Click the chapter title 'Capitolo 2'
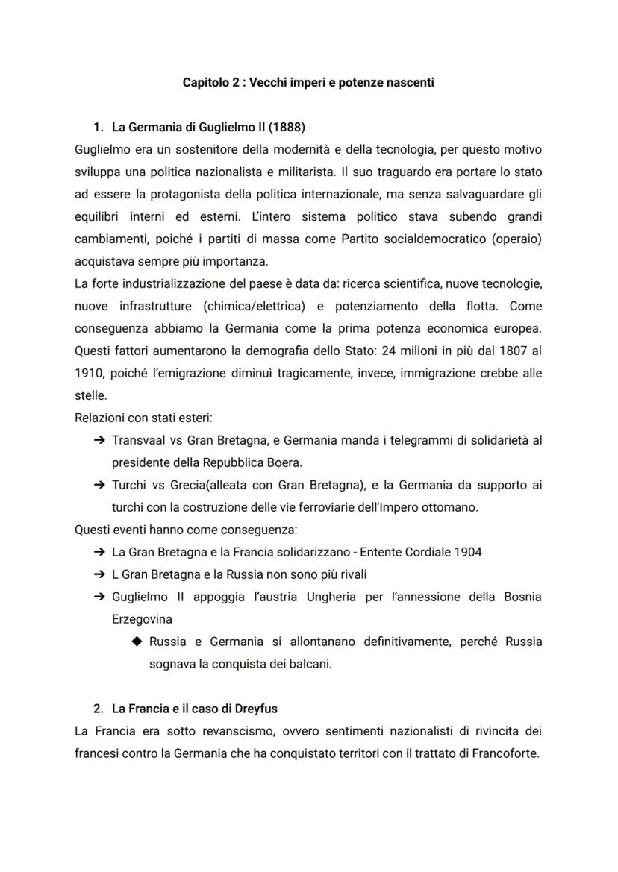tap(212, 82)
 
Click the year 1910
tap(89, 373)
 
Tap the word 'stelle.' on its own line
tap(91, 395)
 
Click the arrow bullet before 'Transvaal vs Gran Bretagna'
tap(99, 440)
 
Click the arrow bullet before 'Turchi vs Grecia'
tap(99, 485)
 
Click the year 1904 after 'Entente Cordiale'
tap(467, 552)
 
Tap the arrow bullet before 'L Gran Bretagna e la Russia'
tap(99, 574)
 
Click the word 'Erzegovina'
tap(141, 619)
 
